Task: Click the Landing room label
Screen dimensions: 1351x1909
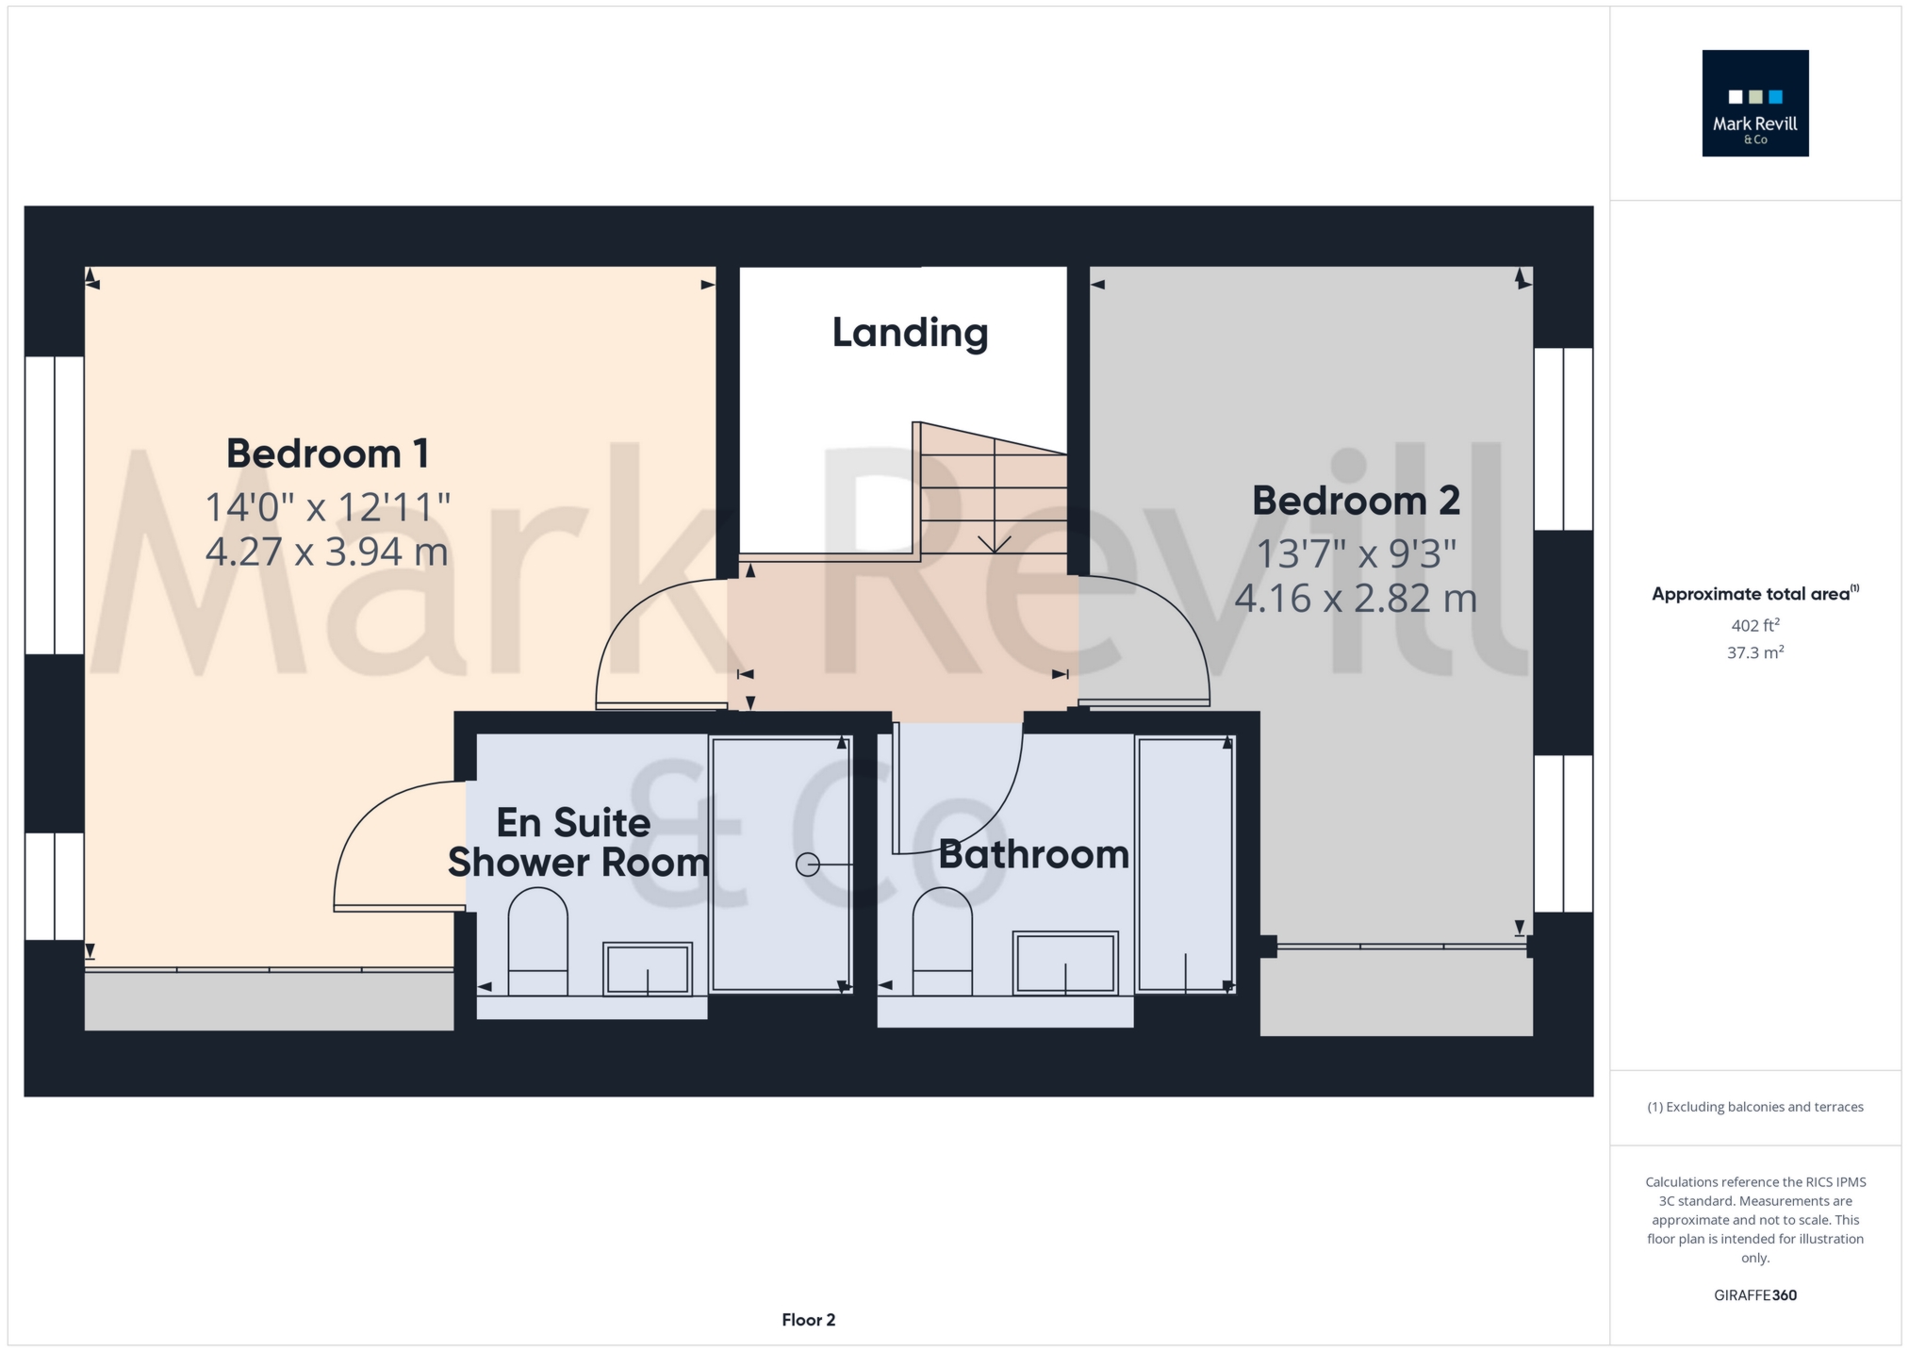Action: [x=910, y=333]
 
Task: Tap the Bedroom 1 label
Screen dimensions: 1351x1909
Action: [x=327, y=453]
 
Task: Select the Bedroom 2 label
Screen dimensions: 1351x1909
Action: [x=1356, y=501]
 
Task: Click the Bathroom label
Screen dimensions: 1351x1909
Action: [x=1033, y=855]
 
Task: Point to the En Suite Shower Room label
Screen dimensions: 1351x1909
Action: [x=577, y=843]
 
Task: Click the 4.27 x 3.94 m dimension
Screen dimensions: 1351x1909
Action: [x=326, y=552]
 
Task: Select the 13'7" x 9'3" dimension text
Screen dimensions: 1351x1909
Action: [x=1356, y=554]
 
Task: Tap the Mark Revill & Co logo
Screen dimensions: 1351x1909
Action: [x=1754, y=103]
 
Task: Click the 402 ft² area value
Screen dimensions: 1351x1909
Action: [x=1754, y=625]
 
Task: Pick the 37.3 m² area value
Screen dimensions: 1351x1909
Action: [x=1754, y=652]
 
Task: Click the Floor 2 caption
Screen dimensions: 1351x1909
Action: [x=808, y=1320]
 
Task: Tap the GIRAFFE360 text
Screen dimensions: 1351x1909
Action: [x=1754, y=1295]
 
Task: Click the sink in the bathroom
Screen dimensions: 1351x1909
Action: [x=1065, y=963]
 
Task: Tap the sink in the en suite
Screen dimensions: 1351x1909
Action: [x=648, y=968]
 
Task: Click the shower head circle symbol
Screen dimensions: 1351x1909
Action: [x=807, y=865]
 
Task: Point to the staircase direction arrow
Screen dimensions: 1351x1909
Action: [x=995, y=544]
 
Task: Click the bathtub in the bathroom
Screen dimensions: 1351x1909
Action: [x=1185, y=864]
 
